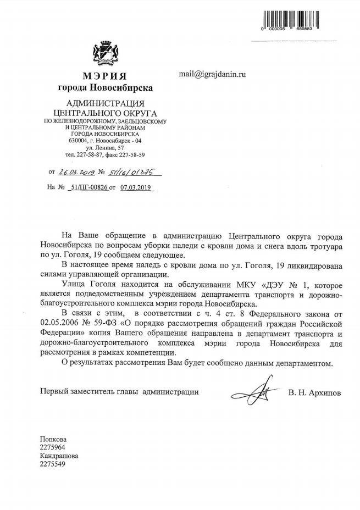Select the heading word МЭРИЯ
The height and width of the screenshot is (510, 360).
(105, 75)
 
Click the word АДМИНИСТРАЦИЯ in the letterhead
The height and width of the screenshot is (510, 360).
(104, 104)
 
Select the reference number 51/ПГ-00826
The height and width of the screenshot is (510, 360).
(87, 187)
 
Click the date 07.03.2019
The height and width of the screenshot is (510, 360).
(134, 187)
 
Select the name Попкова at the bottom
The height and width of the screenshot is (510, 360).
(53, 439)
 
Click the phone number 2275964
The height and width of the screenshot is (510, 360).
(53, 447)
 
